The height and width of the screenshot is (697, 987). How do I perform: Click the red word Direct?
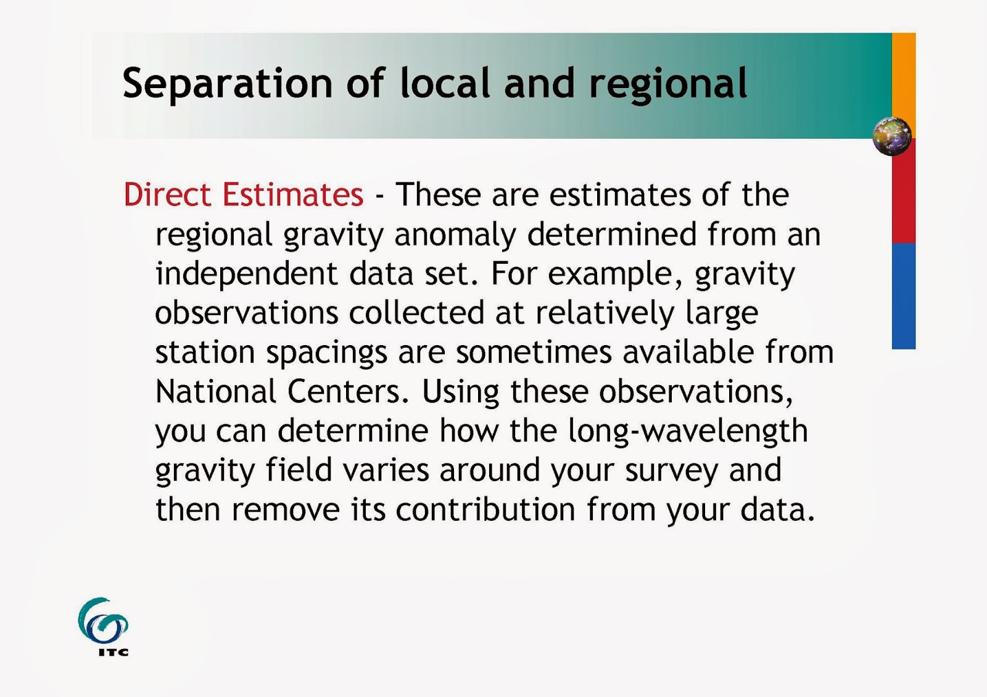167,194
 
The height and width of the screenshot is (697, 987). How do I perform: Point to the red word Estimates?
293,194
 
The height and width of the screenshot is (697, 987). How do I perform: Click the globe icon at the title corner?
892,136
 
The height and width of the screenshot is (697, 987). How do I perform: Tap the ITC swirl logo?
103,626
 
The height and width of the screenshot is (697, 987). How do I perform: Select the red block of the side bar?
904,191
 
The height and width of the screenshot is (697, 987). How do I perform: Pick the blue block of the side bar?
904,296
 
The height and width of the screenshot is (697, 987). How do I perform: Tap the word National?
216,391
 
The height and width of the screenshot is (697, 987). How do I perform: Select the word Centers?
349,391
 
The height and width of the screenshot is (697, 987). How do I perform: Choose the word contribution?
485,509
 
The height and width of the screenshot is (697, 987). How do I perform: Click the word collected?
416,312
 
